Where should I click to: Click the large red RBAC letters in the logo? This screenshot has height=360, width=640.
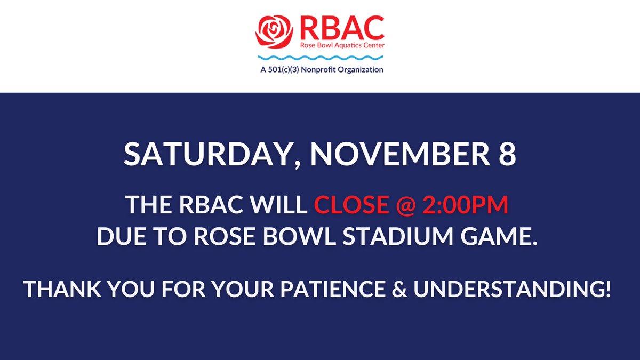click(x=341, y=26)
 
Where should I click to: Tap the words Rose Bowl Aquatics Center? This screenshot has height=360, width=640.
click(x=341, y=45)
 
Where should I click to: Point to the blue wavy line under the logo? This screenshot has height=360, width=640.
click(x=321, y=57)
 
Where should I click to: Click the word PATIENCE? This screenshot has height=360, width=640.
click(x=378, y=290)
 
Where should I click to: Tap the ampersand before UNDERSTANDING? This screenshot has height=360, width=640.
click(x=453, y=290)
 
